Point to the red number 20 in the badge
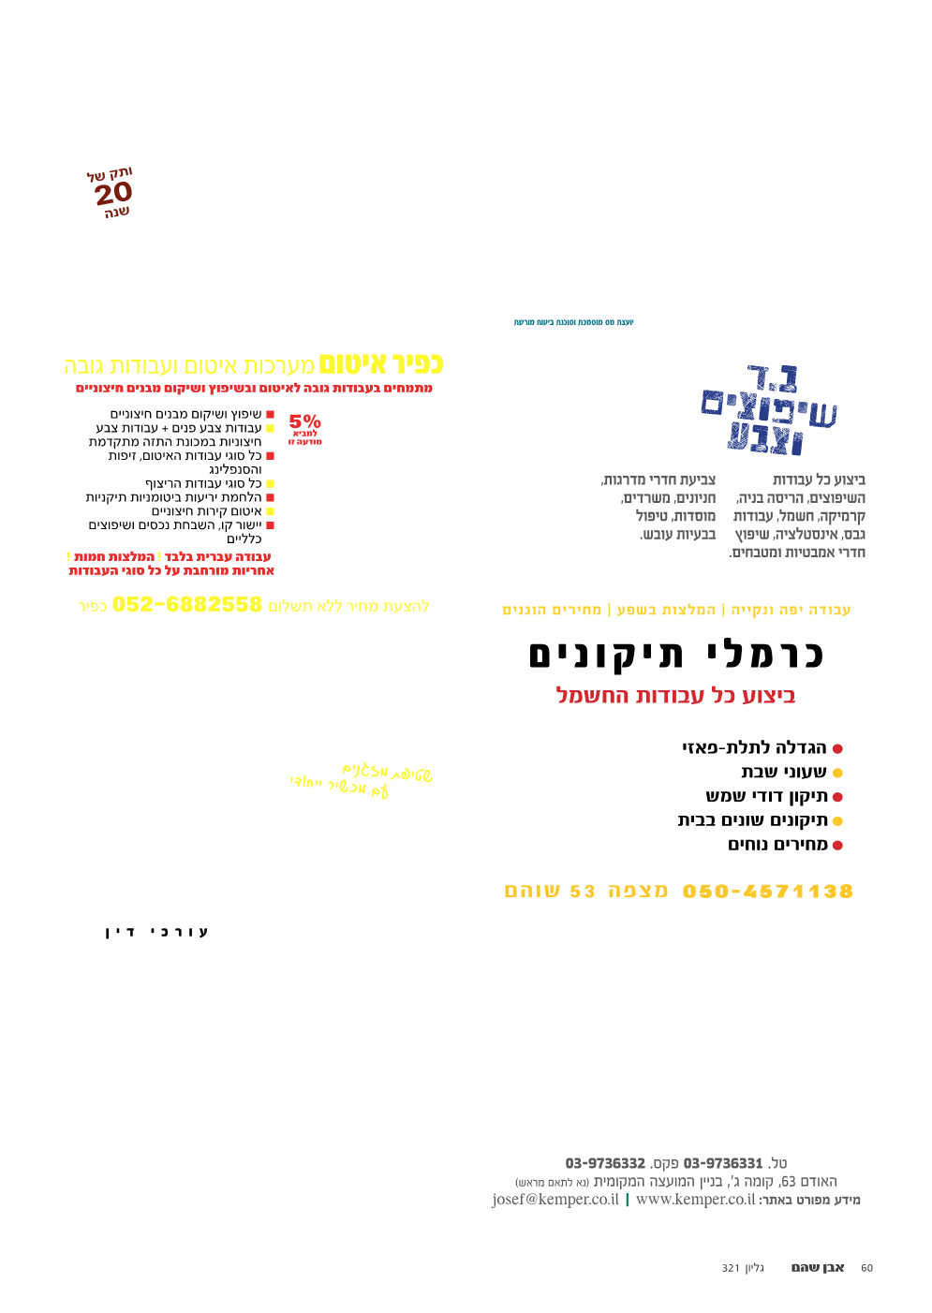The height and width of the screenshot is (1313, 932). point(113,194)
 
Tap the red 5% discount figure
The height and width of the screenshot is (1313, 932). point(304,421)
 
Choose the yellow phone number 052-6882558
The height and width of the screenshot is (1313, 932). point(187,605)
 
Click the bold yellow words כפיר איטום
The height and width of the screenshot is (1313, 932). point(380,363)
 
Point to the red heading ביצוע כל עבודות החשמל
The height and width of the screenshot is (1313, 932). point(675,696)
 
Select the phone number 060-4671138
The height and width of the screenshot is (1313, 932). point(768,891)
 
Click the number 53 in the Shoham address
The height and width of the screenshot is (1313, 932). point(583,891)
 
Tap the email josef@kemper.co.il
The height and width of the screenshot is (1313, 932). point(555,1200)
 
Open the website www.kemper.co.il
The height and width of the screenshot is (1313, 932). point(695,1200)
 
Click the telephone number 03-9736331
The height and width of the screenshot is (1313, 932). point(723,1163)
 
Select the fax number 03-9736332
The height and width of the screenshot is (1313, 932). point(605,1163)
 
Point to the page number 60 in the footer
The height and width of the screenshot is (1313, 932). point(866,1268)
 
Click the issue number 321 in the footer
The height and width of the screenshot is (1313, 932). point(731,1268)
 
